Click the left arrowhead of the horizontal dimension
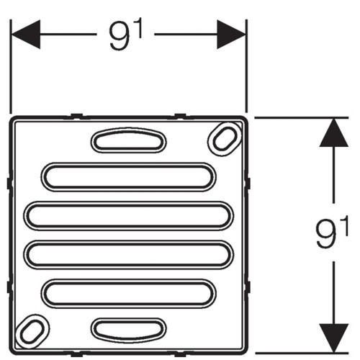click(x=26, y=35)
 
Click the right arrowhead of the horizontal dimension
click(x=231, y=35)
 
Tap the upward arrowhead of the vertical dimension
click(x=333, y=132)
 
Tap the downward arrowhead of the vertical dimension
click(x=333, y=338)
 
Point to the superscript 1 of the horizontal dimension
click(x=138, y=28)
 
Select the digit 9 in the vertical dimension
click(x=325, y=235)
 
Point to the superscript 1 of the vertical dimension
click(x=345, y=226)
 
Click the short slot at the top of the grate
click(x=128, y=140)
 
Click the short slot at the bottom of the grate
click(x=128, y=329)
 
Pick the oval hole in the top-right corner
click(x=225, y=139)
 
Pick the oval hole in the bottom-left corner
click(x=32, y=331)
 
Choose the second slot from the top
click(x=128, y=177)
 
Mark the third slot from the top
click(x=128, y=216)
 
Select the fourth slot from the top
click(x=128, y=255)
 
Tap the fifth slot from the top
click(x=128, y=294)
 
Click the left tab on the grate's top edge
click(x=77, y=116)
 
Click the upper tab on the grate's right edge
click(x=248, y=184)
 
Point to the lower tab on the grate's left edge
click(x=9, y=287)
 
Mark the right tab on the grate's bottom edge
click(x=180, y=354)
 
